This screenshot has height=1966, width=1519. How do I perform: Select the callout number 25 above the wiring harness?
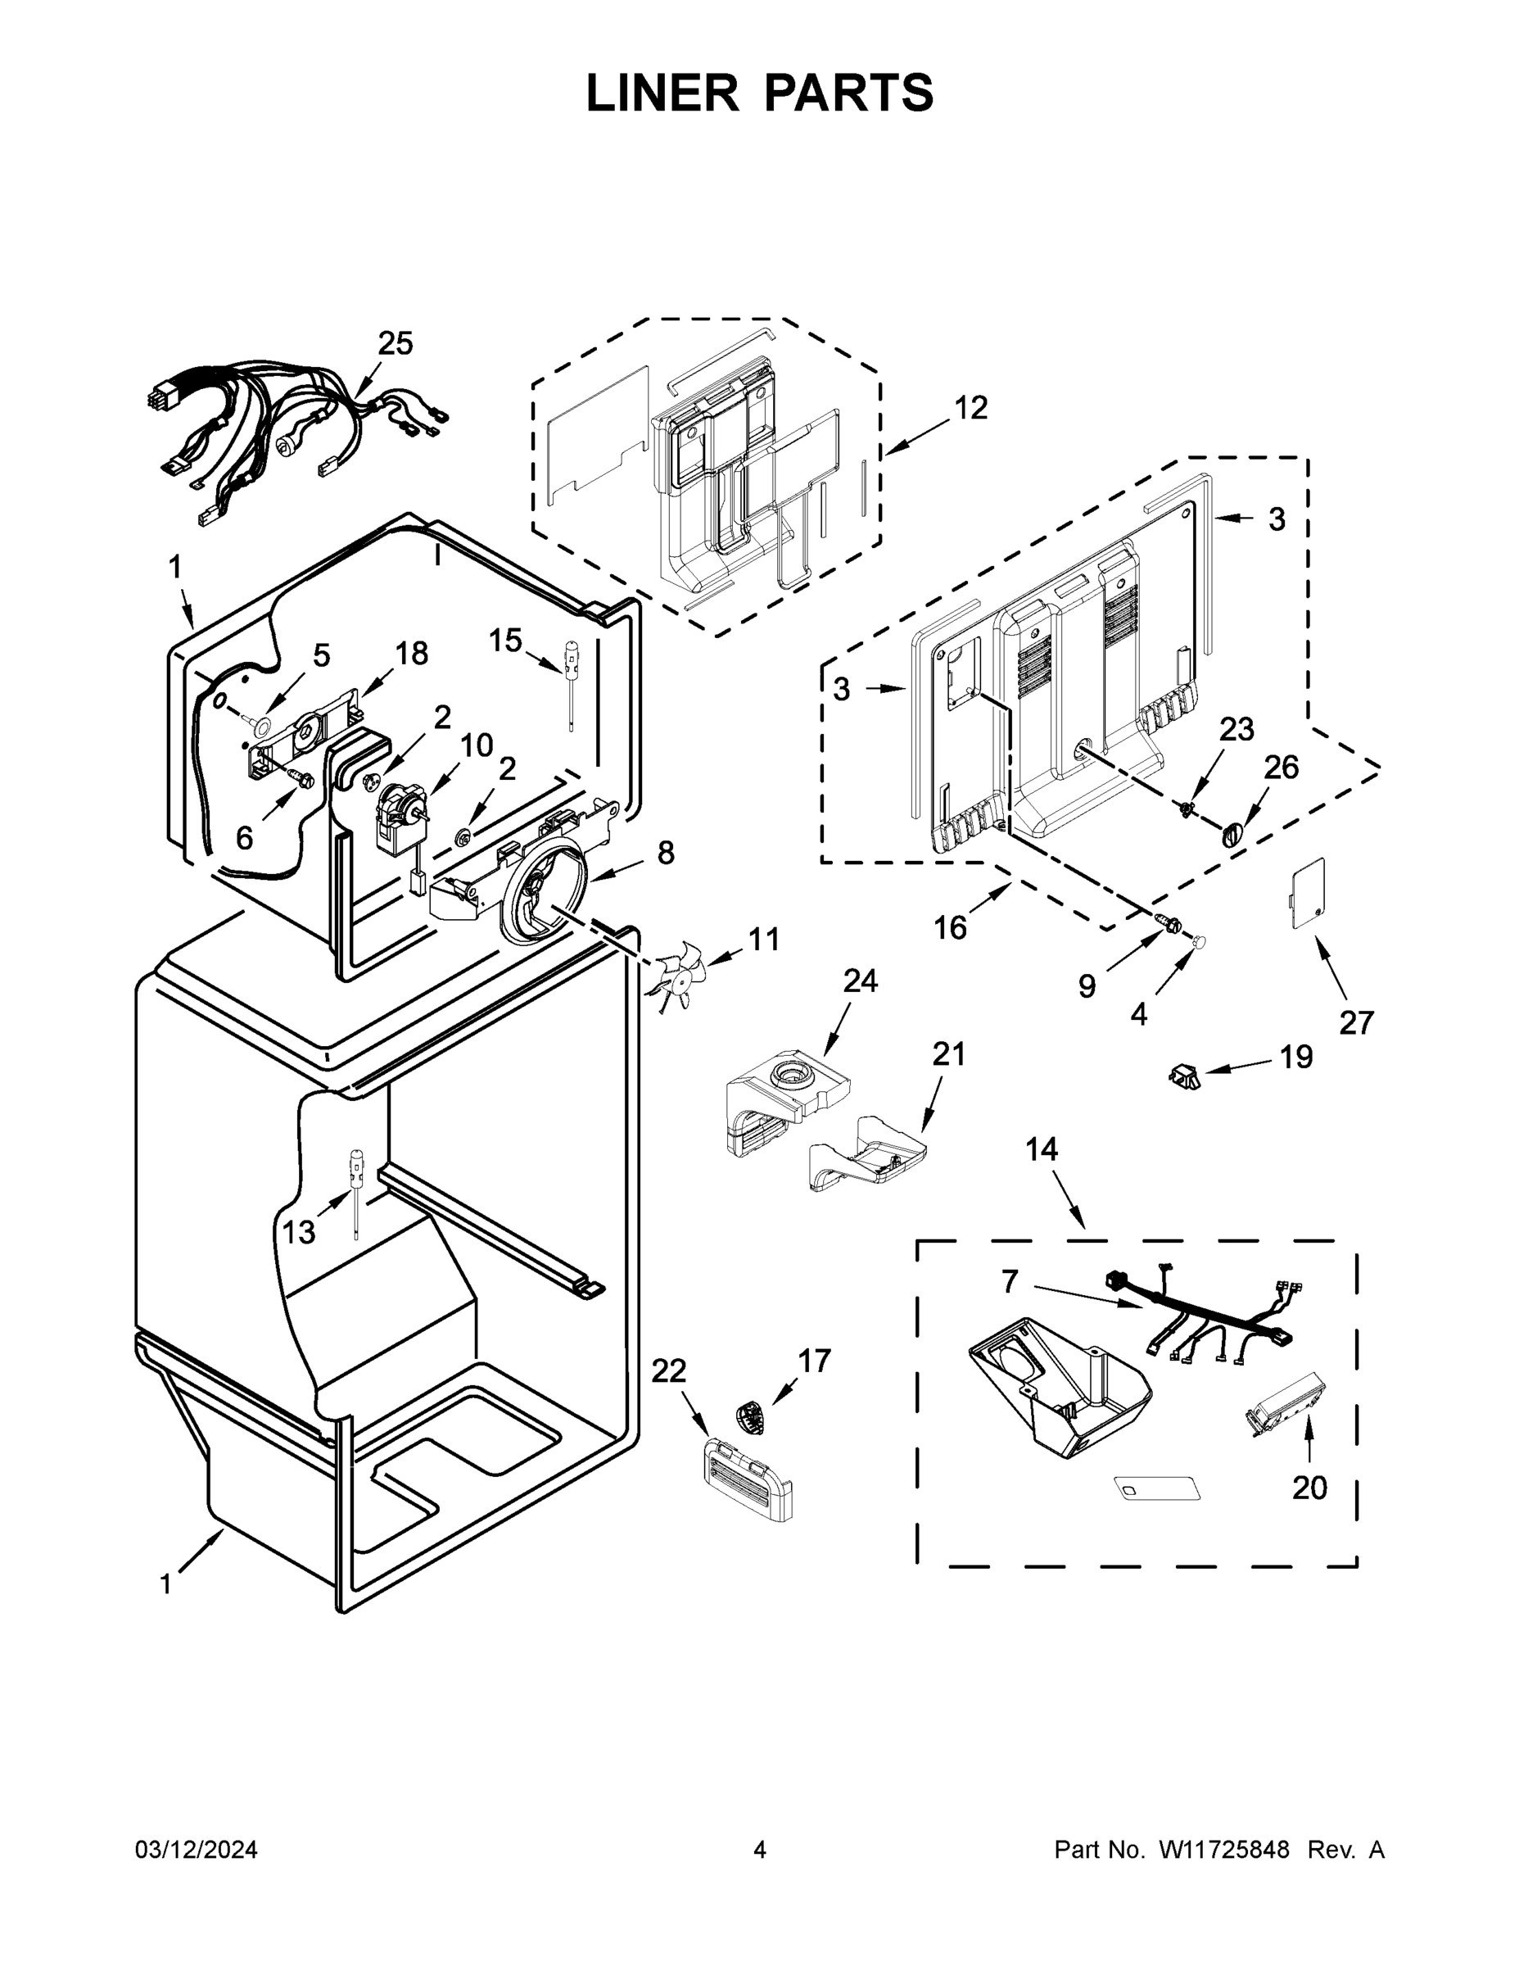point(395,343)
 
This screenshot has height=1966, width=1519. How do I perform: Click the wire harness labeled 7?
point(1201,1317)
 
